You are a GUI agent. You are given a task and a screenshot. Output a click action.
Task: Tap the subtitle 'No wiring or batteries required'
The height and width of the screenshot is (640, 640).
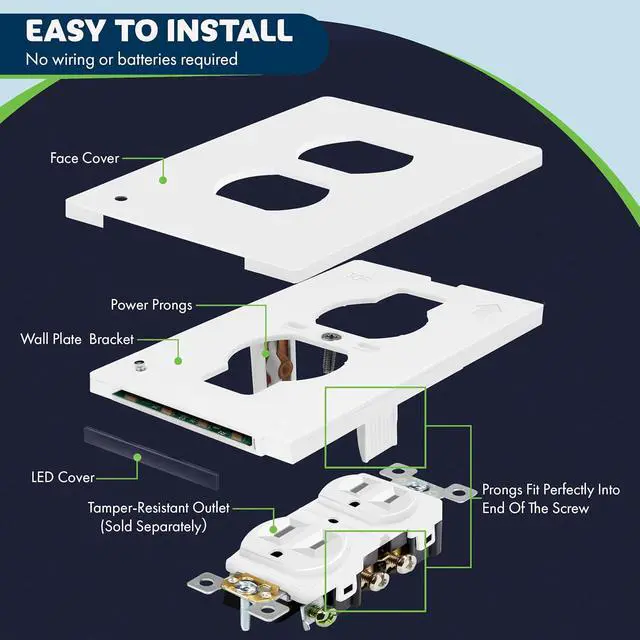pyautogui.click(x=132, y=59)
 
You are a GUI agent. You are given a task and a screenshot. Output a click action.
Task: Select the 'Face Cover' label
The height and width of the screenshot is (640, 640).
pyautogui.click(x=85, y=158)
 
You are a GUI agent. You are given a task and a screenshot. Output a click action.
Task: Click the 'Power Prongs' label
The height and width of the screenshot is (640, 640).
pyautogui.click(x=152, y=305)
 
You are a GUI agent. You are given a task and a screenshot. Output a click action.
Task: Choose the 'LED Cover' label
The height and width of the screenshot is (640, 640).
pyautogui.click(x=63, y=477)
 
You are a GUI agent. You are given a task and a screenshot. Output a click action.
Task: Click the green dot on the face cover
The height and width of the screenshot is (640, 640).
pyautogui.click(x=162, y=180)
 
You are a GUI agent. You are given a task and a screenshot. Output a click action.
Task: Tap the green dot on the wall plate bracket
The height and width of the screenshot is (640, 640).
pyautogui.click(x=178, y=361)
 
